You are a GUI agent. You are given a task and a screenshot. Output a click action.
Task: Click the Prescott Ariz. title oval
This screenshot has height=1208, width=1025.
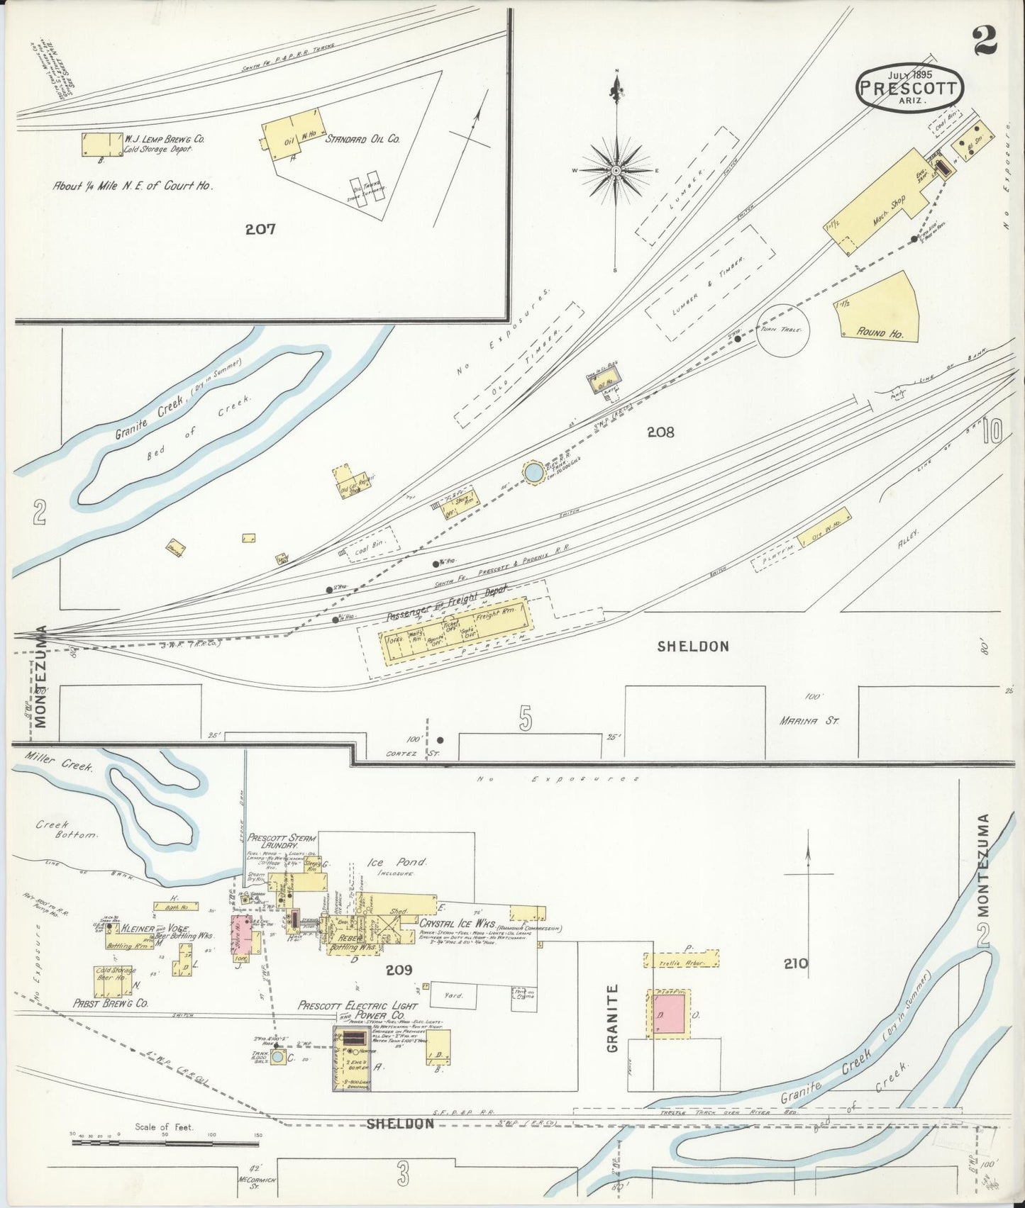(909, 86)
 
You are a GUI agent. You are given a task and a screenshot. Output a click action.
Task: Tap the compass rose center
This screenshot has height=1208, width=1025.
(616, 171)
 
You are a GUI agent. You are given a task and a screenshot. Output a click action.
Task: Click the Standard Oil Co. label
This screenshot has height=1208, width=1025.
(362, 140)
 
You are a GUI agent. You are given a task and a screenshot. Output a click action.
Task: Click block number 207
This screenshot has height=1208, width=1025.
(260, 229)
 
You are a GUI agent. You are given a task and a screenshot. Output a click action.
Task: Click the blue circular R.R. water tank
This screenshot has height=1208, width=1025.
(533, 472)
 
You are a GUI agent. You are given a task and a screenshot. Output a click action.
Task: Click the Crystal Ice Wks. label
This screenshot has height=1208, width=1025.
(453, 924)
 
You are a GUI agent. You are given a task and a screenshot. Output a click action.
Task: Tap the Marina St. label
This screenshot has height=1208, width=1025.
(809, 721)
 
